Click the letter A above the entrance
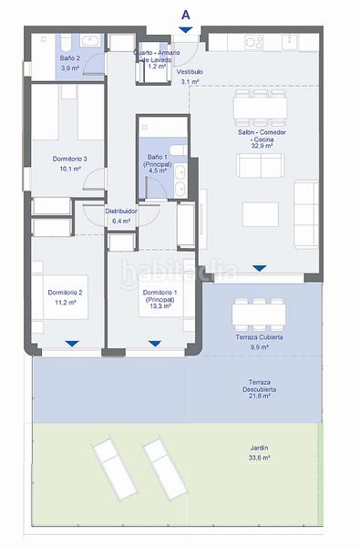point(186,13)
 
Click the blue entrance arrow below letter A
point(186,31)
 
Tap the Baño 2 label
point(70,57)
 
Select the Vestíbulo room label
point(190,71)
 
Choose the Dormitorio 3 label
point(70,160)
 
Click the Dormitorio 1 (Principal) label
point(161,296)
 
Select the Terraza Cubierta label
point(260,338)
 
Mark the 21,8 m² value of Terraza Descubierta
point(260,397)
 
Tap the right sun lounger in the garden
point(164,467)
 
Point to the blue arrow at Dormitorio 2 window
point(70,343)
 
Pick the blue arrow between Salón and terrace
point(260,268)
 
